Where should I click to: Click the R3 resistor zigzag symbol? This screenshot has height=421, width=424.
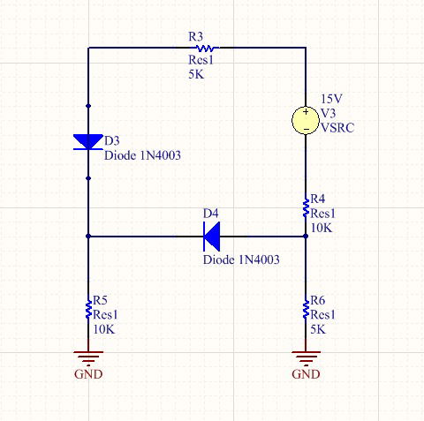[205, 48]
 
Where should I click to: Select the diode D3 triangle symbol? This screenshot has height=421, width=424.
[88, 142]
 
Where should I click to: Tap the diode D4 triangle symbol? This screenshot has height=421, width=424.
[212, 237]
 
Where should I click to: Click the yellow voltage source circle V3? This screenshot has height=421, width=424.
[306, 120]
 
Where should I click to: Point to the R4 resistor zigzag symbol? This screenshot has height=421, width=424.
[306, 207]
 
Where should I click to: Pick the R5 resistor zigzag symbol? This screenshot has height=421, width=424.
[88, 309]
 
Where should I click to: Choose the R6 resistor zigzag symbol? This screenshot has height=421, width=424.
[306, 309]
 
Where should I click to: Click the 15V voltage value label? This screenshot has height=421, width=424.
[331, 99]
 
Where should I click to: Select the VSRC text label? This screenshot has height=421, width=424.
[337, 128]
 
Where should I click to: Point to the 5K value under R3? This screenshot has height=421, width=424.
[196, 74]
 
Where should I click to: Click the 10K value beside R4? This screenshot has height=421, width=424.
[322, 228]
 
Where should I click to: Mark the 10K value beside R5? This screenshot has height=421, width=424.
[104, 329]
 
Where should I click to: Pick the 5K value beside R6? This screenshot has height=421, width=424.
[318, 329]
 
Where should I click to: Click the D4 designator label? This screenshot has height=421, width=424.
[211, 214]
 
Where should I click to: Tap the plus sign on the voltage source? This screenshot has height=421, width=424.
[306, 112]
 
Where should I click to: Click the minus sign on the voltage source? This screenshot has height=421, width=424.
[306, 129]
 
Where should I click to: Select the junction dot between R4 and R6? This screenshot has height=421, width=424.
[306, 236]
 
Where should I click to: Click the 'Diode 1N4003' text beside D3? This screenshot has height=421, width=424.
[142, 155]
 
